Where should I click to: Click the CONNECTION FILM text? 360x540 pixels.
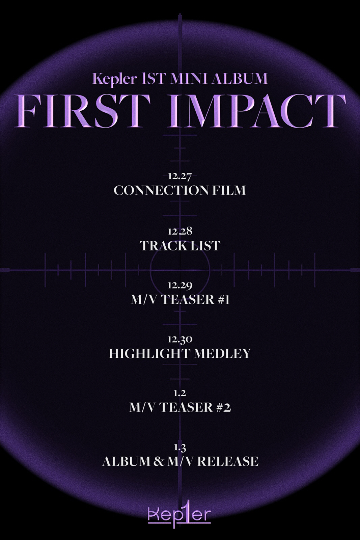(x=180, y=190)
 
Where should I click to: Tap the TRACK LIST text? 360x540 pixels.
(x=180, y=246)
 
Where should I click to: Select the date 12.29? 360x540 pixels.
(x=180, y=286)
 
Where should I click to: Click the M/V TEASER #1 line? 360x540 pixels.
(x=180, y=300)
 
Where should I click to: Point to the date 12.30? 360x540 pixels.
(x=180, y=340)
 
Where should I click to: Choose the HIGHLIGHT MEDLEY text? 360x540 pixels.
(x=180, y=353)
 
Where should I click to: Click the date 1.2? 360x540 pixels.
(x=180, y=393)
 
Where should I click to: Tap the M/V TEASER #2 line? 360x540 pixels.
(x=180, y=407)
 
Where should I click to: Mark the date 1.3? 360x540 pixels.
(x=180, y=448)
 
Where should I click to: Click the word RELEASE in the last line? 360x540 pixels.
(x=228, y=462)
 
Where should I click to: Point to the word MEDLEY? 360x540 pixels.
(x=222, y=353)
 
